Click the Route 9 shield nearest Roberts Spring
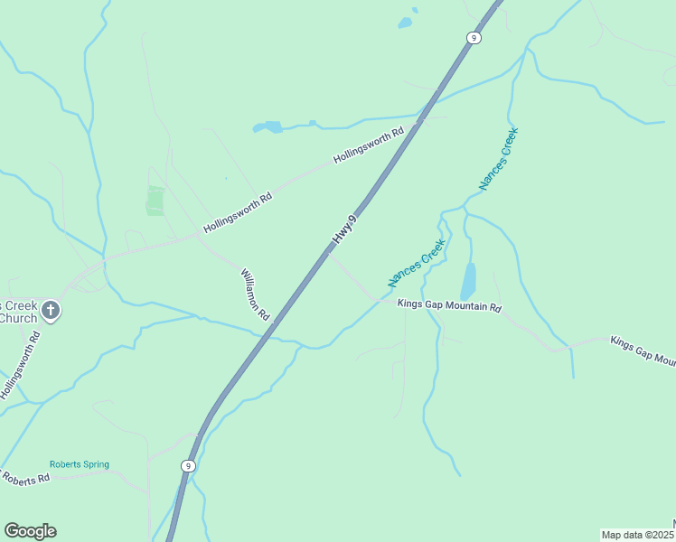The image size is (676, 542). click(x=187, y=466)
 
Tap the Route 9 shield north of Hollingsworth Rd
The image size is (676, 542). click(x=474, y=37)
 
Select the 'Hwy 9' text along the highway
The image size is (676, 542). click(x=344, y=229)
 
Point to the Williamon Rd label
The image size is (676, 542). click(x=255, y=294)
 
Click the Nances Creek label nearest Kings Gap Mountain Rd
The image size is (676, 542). click(x=417, y=263)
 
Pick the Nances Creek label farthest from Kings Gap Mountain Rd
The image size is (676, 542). click(x=499, y=160)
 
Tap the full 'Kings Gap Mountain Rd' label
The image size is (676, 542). click(x=449, y=306)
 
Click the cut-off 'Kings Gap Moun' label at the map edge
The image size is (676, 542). click(x=643, y=351)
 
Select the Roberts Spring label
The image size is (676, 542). click(x=80, y=465)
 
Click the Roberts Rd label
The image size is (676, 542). click(x=24, y=476)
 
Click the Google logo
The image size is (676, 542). click(x=30, y=531)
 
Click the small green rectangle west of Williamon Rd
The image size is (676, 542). click(x=155, y=201)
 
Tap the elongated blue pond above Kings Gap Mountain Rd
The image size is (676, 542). click(x=467, y=282)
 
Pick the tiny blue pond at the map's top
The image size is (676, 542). click(x=406, y=23)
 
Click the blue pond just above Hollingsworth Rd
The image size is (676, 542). click(x=268, y=126)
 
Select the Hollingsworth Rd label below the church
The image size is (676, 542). click(x=20, y=365)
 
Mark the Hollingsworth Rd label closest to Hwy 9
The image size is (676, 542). click(x=368, y=146)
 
